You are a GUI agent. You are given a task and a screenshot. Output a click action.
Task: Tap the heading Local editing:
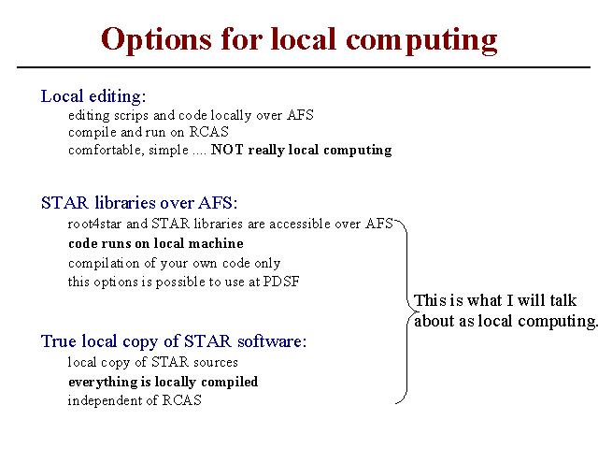(x=93, y=96)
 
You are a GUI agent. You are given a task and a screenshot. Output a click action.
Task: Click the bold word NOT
(x=227, y=149)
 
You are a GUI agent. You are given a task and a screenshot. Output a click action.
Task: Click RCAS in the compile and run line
(x=209, y=132)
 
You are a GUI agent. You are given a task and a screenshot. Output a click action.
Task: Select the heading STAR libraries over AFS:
(x=139, y=203)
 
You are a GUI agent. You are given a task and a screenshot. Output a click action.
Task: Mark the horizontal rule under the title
(x=304, y=67)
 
